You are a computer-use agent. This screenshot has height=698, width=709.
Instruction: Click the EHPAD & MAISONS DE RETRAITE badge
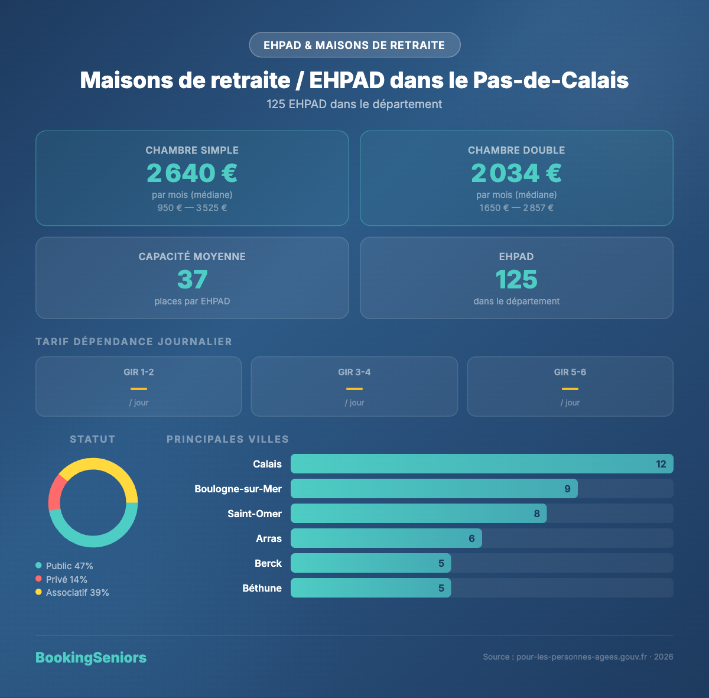tap(354, 45)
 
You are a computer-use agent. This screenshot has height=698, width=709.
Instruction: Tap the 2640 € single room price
tap(192, 173)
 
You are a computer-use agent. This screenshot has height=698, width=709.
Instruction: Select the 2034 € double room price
tap(516, 173)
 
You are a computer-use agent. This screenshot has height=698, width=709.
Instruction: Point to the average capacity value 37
tap(192, 280)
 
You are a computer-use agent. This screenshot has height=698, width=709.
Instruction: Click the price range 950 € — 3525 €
tap(192, 208)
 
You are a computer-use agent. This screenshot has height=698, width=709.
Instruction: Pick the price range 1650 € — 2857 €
tap(516, 208)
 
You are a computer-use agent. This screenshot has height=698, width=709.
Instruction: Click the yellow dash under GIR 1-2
tap(139, 388)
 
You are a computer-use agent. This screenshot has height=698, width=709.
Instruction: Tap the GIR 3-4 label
tap(354, 372)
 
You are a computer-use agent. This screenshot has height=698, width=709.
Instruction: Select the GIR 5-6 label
tap(570, 372)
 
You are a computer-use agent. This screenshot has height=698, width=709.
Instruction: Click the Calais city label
tap(267, 464)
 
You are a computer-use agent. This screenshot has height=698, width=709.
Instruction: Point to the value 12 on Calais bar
tap(661, 464)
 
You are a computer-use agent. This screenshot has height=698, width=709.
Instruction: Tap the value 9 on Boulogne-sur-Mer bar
tap(567, 489)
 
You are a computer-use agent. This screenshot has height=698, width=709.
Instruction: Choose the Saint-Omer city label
tap(255, 514)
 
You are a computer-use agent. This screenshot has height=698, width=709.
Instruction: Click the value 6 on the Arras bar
tap(471, 538)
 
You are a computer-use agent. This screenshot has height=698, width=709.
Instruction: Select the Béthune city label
tap(262, 588)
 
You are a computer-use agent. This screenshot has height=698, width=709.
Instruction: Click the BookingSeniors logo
tap(91, 657)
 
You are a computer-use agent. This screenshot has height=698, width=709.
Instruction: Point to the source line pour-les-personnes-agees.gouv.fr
tap(577, 657)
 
